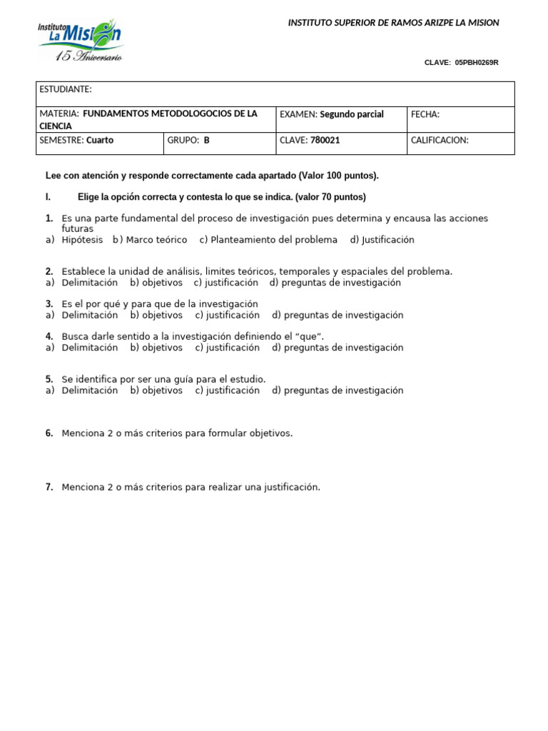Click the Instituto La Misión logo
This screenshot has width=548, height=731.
[x=79, y=39]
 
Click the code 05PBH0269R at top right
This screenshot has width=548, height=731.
[x=476, y=63]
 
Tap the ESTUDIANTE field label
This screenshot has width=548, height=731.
[x=66, y=89]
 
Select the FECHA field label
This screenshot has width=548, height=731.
[x=425, y=114]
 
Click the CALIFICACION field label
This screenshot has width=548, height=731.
[x=440, y=141]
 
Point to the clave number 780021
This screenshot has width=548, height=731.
[x=325, y=141]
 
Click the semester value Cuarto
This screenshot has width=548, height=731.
[x=100, y=141]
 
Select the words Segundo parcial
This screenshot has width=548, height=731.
[x=352, y=114]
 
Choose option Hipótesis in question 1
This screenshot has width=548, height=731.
[x=82, y=240]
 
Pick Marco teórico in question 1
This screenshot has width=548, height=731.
[x=156, y=240]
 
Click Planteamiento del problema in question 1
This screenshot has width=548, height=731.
[x=274, y=240]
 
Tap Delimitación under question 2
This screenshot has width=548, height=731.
[x=89, y=283]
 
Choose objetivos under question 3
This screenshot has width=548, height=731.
[x=162, y=315]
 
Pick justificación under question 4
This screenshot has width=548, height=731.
[x=233, y=348]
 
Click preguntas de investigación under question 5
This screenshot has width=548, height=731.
[x=343, y=390]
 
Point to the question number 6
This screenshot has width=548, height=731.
[x=49, y=433]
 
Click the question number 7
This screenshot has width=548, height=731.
[x=49, y=488]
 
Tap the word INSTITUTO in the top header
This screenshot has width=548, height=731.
[x=310, y=23]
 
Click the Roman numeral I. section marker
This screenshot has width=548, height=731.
[x=48, y=197]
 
